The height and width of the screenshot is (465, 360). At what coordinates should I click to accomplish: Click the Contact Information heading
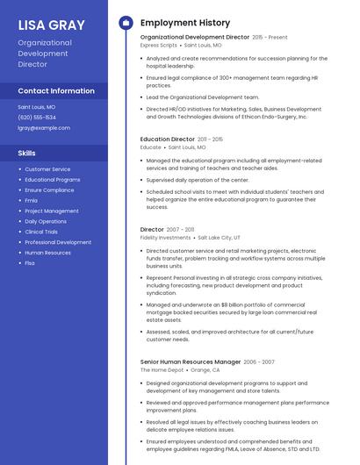(56, 91)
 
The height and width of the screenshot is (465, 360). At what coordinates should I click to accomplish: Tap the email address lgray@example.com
(44, 127)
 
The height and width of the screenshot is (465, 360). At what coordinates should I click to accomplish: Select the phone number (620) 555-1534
(37, 117)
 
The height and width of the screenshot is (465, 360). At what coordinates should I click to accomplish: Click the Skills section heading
(26, 154)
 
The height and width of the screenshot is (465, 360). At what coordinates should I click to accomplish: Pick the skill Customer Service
(47, 169)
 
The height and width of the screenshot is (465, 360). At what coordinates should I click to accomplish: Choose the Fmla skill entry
(31, 200)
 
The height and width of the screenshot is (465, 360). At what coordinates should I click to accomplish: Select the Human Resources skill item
(47, 253)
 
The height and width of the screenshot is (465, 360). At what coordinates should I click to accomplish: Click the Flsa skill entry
(30, 263)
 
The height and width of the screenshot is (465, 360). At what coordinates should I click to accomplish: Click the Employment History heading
(185, 23)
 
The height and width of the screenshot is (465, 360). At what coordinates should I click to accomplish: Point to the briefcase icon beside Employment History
(125, 23)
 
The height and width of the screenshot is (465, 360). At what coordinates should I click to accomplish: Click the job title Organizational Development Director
(194, 38)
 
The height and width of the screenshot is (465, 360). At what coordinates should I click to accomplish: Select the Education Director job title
(167, 139)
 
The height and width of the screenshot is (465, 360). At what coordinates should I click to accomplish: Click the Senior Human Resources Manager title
(190, 361)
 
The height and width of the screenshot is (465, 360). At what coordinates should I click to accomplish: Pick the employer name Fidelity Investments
(165, 238)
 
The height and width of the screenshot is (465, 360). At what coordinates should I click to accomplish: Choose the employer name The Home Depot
(161, 370)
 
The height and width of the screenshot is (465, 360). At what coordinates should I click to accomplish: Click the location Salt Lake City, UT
(219, 238)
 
